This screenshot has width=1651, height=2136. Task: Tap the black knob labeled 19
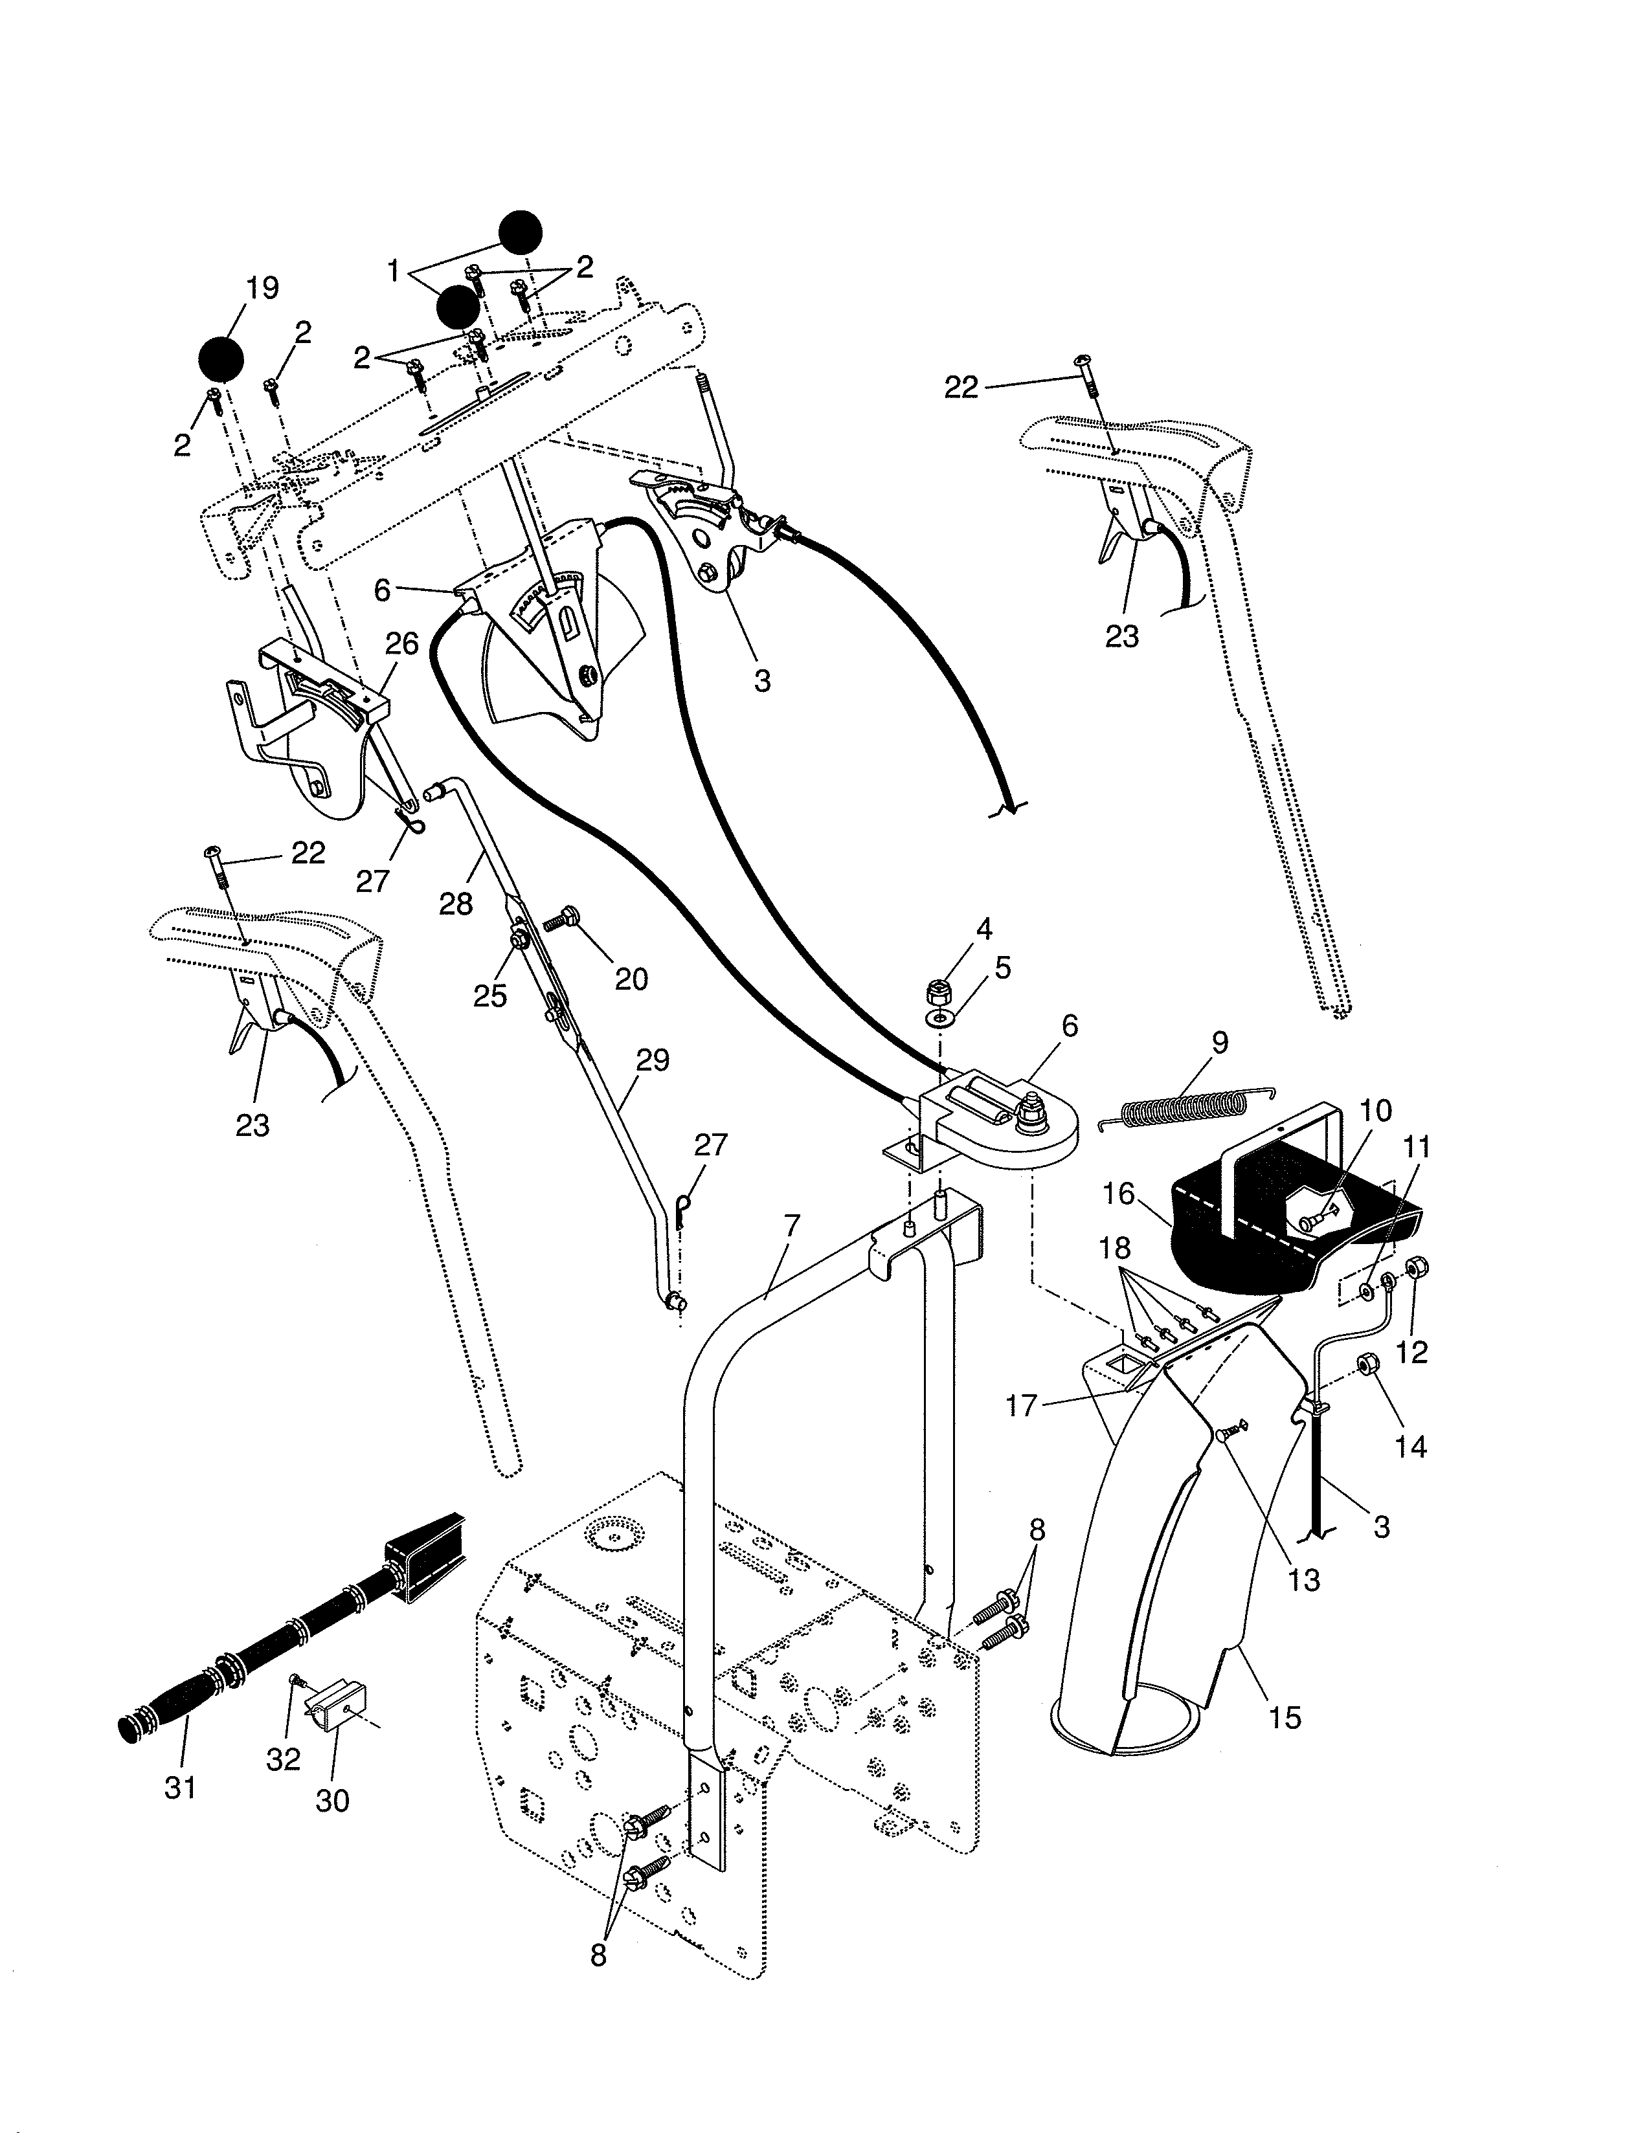[221, 359]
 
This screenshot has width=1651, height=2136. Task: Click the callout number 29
[653, 1060]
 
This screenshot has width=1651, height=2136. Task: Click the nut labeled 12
[1414, 1267]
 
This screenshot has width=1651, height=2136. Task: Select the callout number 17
[1021, 1407]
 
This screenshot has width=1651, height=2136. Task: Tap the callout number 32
[283, 1759]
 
